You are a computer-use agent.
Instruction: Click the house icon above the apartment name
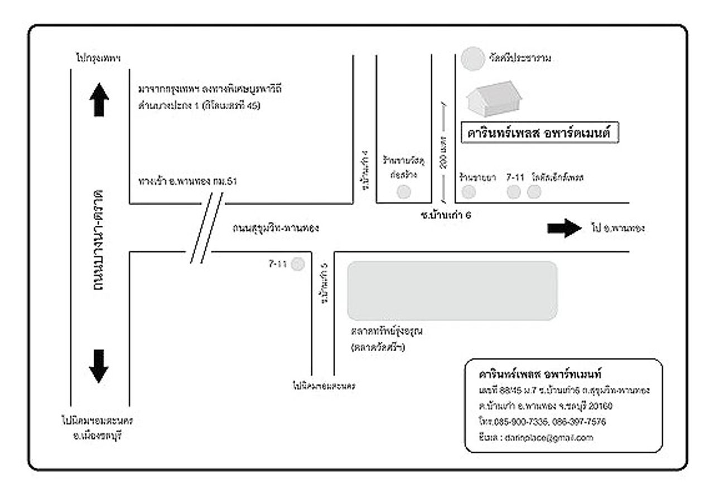pos(494,99)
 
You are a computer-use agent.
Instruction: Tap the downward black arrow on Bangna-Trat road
pos(99,366)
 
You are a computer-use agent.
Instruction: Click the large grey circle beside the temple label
pos(474,59)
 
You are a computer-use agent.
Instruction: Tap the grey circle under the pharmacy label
pos(470,192)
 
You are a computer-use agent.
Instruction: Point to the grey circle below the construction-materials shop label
pos(403,192)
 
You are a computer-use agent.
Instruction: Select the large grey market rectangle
pos(452,290)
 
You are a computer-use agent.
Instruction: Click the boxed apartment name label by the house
pos(540,134)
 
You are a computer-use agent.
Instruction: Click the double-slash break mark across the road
pos(206,227)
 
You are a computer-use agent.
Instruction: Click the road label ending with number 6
pos(446,215)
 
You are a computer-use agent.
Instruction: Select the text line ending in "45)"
pos(199,105)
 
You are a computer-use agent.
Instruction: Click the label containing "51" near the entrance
pos(190,181)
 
